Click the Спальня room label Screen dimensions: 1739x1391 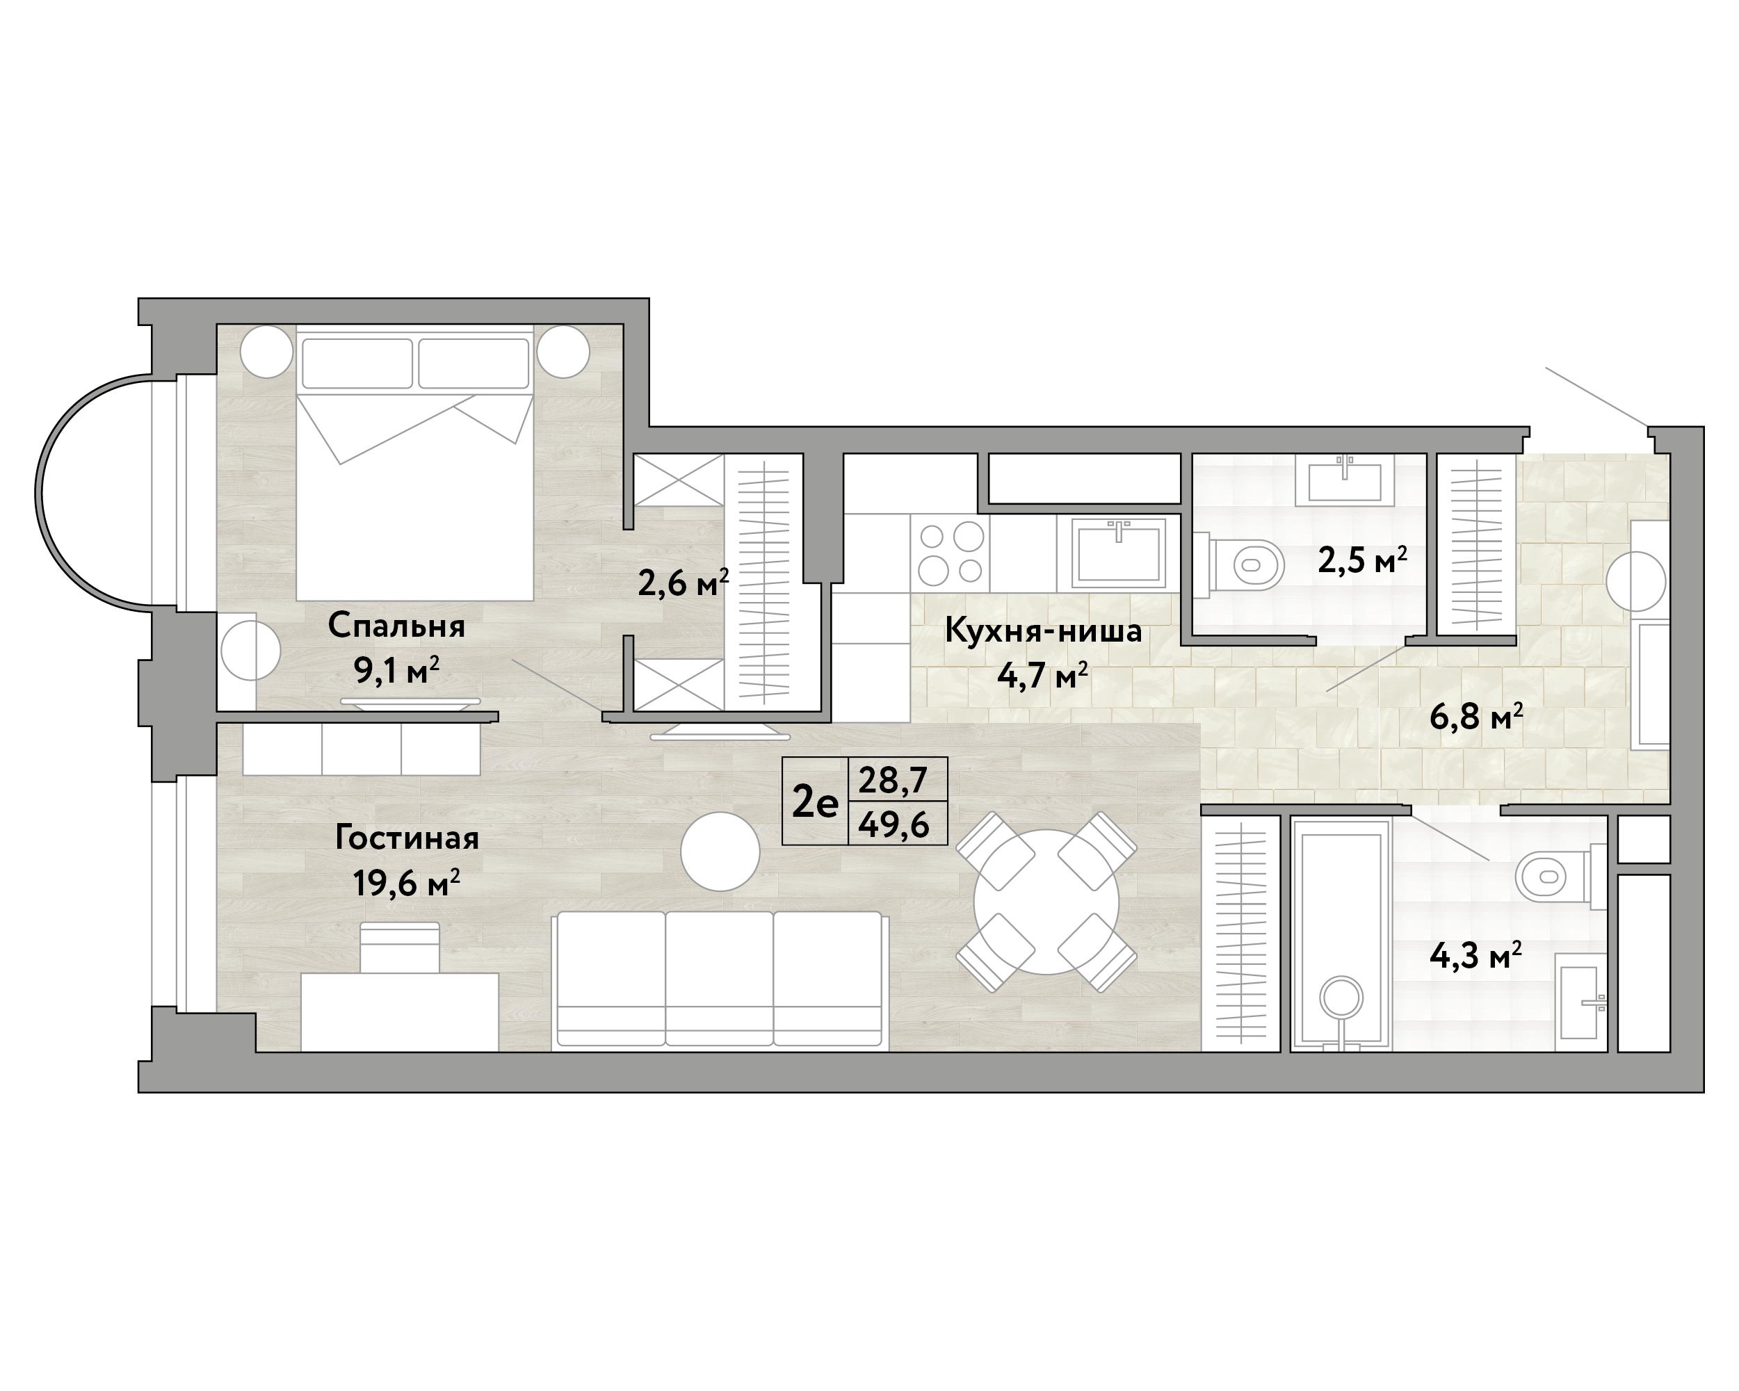(x=396, y=626)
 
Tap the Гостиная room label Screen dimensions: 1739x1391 (x=407, y=838)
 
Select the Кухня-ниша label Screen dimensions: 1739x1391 (x=1043, y=631)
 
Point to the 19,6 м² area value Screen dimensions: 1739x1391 (x=407, y=883)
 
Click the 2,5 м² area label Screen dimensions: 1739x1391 (x=1362, y=559)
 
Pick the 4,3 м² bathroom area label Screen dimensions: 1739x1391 (x=1475, y=957)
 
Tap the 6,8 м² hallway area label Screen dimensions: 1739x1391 (x=1476, y=716)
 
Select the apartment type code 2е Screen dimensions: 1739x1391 (x=816, y=802)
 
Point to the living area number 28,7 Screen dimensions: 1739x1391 (x=893, y=780)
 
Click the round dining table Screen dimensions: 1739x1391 (x=1046, y=902)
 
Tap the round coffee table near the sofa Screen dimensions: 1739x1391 (x=720, y=852)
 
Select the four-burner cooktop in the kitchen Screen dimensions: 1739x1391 (x=951, y=553)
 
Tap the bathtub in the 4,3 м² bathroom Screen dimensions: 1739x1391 (x=1341, y=936)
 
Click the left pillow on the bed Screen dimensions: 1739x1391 (x=357, y=363)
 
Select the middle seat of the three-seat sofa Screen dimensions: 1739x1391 (x=720, y=979)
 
